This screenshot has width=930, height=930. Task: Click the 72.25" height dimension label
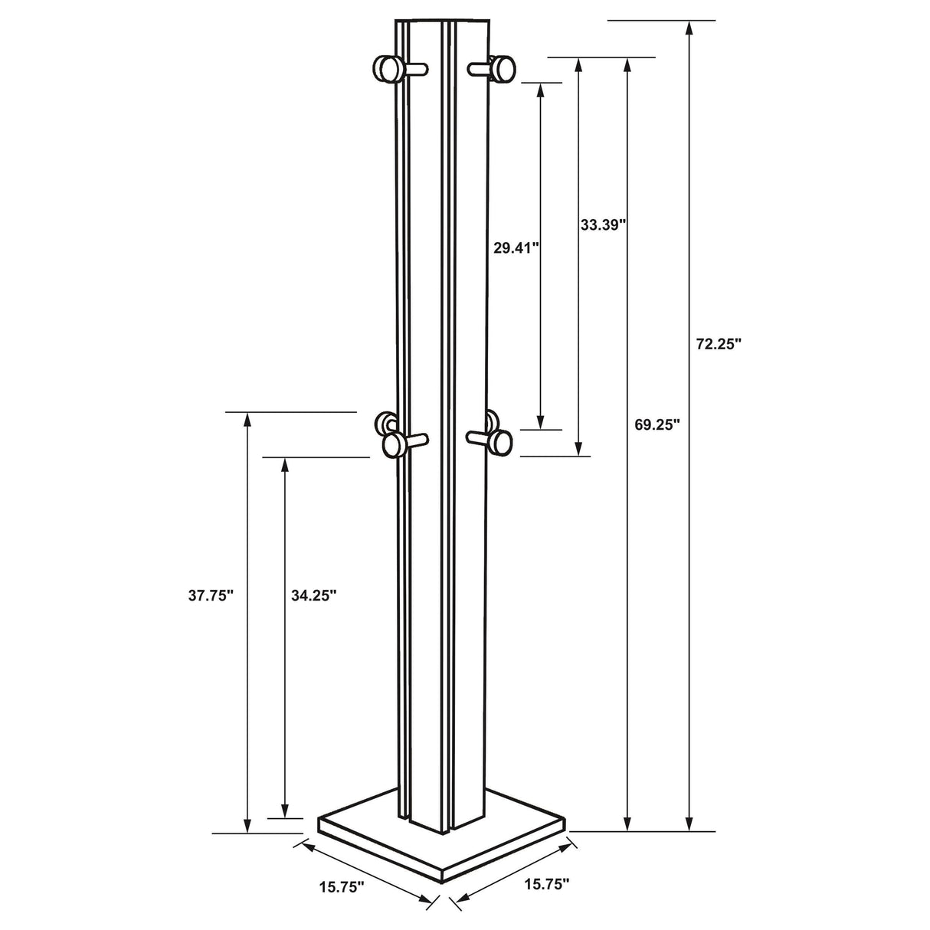[719, 345]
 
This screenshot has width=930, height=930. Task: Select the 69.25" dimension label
[657, 425]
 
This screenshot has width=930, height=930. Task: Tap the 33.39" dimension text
[603, 224]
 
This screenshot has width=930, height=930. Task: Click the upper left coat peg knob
[385, 69]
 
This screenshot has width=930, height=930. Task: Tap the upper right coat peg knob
[503, 68]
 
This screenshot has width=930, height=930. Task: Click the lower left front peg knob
[394, 444]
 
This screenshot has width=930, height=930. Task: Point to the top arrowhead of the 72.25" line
[689, 28]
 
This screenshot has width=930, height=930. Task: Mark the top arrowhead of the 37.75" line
[247, 420]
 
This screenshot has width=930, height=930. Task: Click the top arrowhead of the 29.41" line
[541, 90]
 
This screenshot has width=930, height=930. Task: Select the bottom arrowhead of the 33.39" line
[579, 448]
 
